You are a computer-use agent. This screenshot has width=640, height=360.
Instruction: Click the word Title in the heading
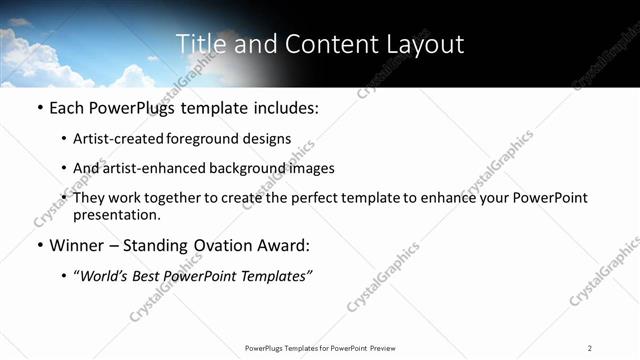pos(198,44)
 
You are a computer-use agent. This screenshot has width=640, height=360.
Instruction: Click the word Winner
pos(79,245)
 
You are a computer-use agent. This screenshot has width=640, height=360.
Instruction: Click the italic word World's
pos(105,277)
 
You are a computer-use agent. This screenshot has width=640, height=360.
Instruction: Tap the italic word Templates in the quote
pos(274,277)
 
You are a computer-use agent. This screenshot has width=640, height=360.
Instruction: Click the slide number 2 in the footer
pos(590,347)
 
